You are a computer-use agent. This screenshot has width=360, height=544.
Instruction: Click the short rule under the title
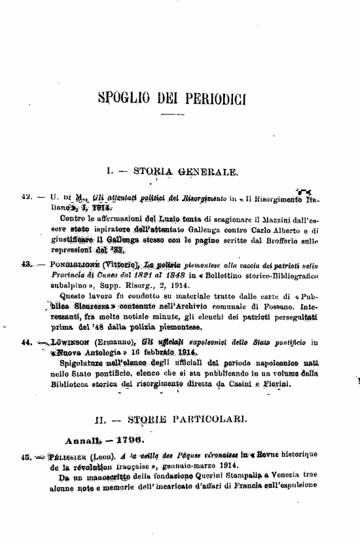coord(171,118)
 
